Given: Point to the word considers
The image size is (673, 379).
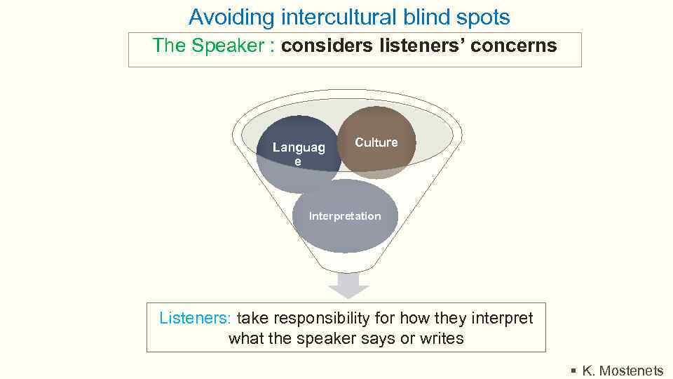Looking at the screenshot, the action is [x=326, y=46].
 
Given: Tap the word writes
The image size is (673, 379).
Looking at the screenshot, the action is [x=442, y=338].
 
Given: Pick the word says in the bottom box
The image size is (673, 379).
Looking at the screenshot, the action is [x=379, y=338].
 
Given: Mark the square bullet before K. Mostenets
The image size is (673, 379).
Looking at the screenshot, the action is [x=573, y=371].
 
